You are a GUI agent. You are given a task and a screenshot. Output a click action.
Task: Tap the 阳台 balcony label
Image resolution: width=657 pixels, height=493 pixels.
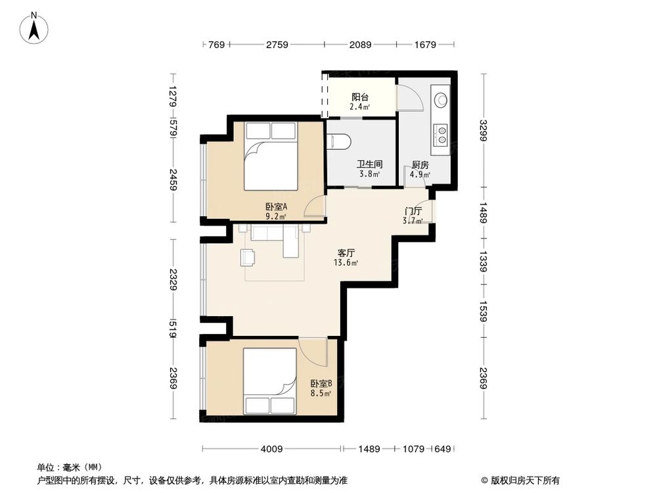359,96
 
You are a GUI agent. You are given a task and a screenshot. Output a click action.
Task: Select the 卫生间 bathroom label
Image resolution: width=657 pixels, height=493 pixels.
370,164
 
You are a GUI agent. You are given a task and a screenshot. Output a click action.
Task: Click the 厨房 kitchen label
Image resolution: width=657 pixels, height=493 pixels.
420,165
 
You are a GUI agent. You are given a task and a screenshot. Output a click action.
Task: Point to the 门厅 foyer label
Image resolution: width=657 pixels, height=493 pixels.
413,211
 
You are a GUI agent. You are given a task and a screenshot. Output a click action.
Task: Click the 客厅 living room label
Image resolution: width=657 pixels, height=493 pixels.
347,252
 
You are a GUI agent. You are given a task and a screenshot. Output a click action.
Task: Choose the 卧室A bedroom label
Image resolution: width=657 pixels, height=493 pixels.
276,206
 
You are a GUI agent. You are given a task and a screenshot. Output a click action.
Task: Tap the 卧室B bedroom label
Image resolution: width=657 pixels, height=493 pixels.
321,384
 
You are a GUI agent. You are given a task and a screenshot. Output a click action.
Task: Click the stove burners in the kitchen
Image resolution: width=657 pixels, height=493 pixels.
441,135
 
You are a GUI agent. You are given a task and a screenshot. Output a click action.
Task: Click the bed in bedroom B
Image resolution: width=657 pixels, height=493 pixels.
271,381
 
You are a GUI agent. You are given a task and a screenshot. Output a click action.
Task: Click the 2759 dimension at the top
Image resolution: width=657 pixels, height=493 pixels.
277,45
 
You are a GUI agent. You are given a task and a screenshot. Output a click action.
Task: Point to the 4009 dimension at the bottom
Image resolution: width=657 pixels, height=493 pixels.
271,449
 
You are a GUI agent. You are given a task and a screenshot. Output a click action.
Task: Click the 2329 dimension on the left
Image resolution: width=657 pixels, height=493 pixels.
172,281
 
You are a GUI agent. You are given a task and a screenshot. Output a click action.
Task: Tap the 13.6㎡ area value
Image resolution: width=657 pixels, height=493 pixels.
347,263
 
